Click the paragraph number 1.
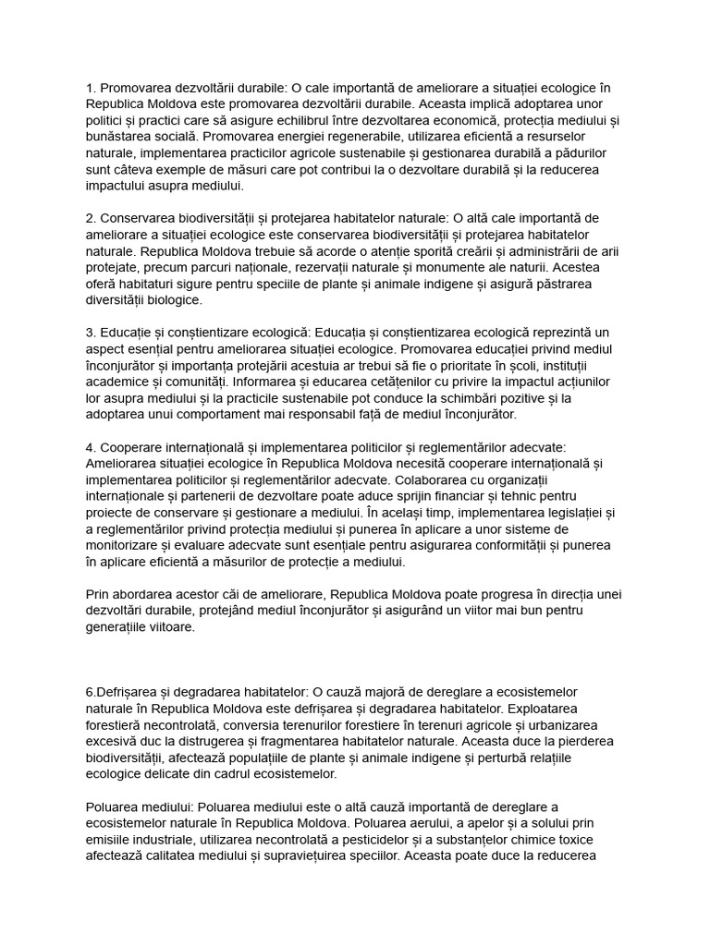click(x=90, y=88)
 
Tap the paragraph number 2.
click(x=90, y=218)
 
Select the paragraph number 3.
click(x=90, y=333)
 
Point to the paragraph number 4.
click(x=90, y=447)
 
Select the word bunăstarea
click(x=117, y=137)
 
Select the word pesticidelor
click(x=343, y=840)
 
